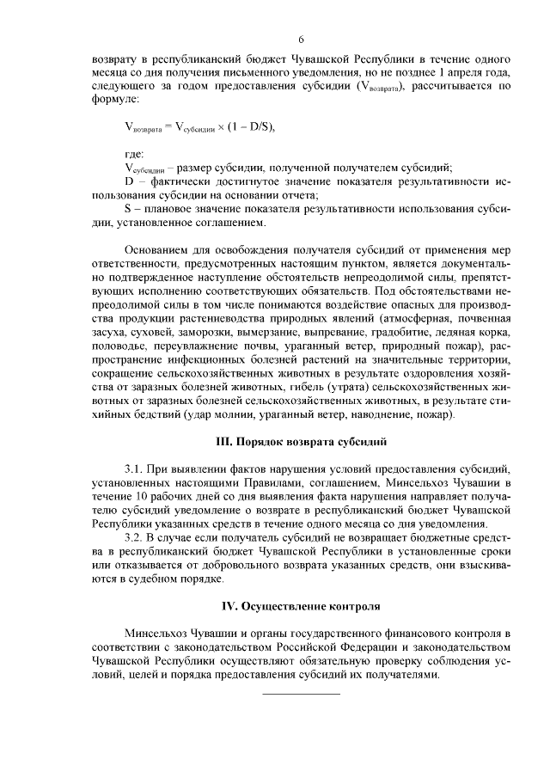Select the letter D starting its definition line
(128, 181)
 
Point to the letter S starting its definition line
(127, 210)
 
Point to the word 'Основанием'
(158, 251)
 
